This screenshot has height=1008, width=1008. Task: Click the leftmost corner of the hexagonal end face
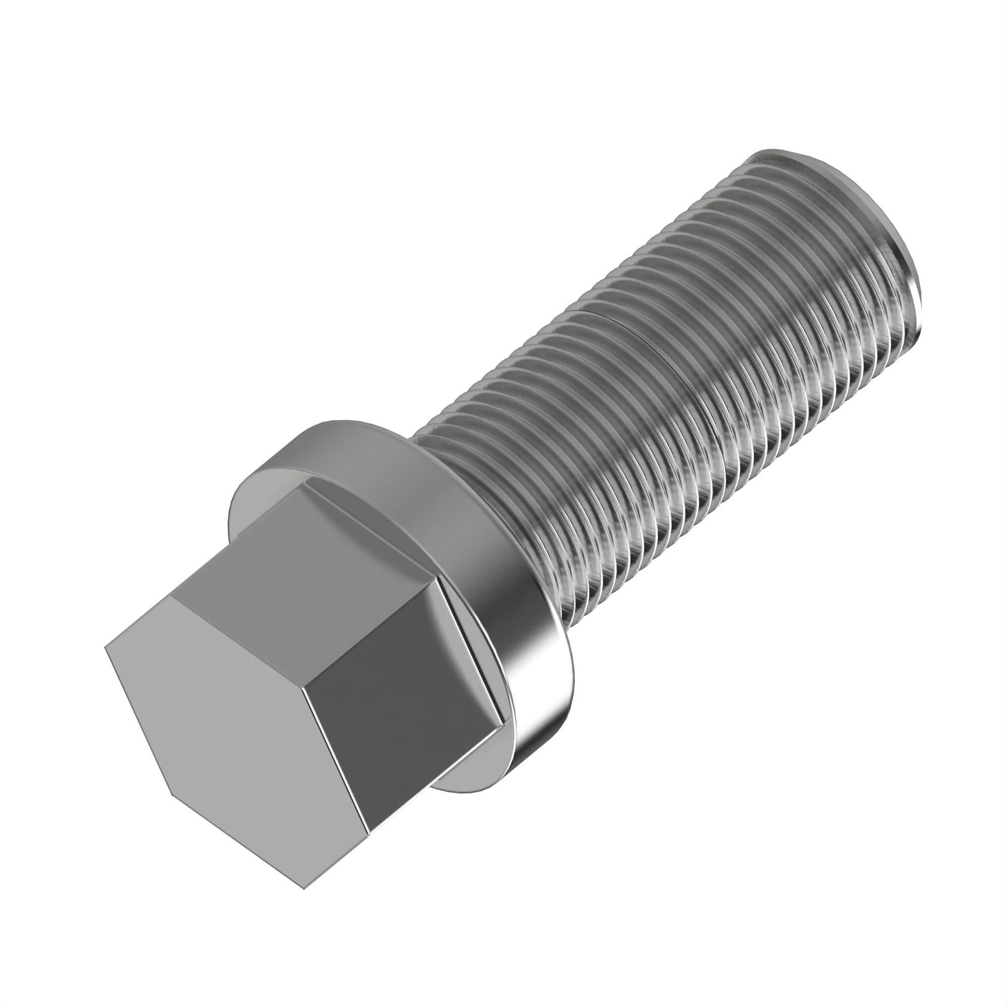105,648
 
